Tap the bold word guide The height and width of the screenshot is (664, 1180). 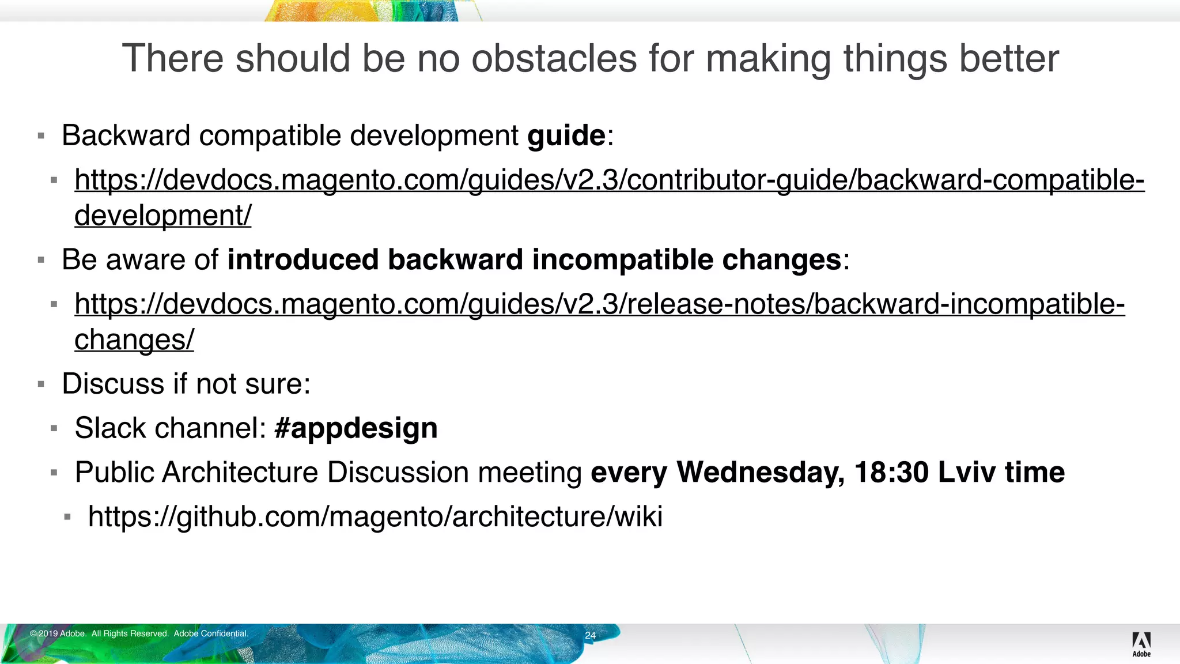coord(566,136)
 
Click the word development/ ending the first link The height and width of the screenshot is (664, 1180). coord(163,216)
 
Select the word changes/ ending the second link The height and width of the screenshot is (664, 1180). coord(134,339)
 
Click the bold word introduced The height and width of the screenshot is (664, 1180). coord(302,260)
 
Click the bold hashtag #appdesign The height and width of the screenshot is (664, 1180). coord(356,428)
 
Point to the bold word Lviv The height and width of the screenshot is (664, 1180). coord(966,473)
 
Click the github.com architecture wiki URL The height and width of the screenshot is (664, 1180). coord(375,516)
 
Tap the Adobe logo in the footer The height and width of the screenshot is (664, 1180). coord(1141,643)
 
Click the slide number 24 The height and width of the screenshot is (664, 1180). coord(590,636)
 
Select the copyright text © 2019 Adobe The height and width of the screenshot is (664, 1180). coord(58,633)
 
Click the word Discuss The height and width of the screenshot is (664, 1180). coord(113,384)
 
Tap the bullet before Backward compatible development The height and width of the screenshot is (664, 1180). coord(41,137)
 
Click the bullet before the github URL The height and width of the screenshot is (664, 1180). coord(67,517)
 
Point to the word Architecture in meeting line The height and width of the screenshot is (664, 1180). coord(240,473)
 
